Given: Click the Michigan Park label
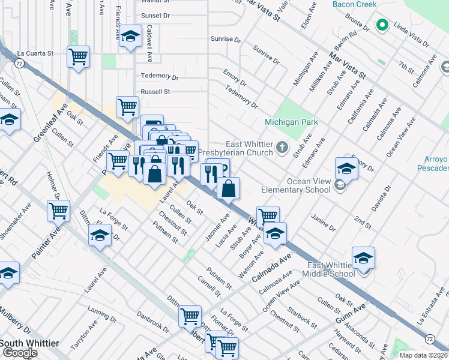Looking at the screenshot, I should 291,122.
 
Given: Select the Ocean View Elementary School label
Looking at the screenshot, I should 295,185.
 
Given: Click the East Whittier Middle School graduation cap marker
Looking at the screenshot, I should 363,258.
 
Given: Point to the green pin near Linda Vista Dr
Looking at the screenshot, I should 381,25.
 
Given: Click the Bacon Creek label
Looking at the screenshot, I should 354,5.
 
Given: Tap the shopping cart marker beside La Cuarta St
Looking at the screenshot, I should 78,57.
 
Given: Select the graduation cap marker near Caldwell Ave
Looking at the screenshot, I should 130,37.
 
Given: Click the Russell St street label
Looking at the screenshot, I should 155,92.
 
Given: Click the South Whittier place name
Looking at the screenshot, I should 29,343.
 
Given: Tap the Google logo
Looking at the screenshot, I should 20,353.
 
